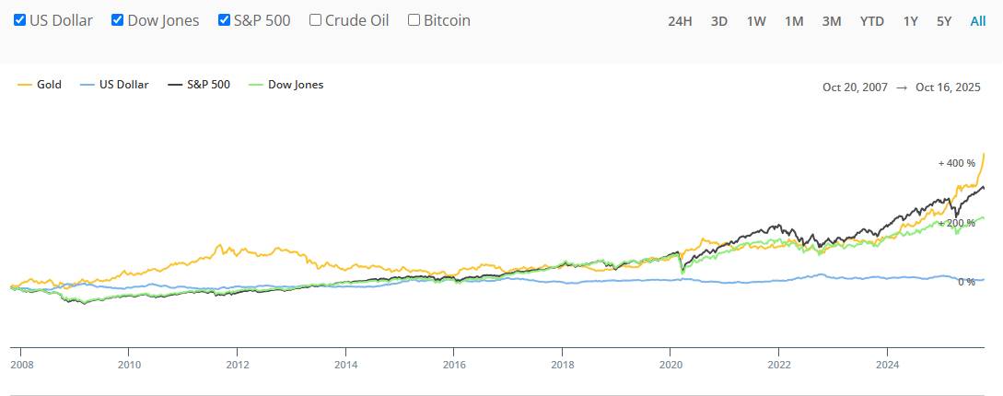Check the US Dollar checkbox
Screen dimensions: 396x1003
19,19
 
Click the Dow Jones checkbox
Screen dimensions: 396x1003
117,19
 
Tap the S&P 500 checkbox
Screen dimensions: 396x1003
224,19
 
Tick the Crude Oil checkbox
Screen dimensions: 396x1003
316,19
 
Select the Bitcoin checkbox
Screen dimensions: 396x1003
414,19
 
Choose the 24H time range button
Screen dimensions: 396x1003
680,21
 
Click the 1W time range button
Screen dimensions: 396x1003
756,21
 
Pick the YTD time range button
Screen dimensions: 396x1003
870,21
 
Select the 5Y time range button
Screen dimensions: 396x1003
944,21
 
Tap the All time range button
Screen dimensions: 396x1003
978,21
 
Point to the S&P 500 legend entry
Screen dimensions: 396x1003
198,85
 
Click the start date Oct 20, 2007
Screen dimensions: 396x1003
855,87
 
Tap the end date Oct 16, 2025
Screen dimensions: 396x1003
950,87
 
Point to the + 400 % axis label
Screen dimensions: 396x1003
956,163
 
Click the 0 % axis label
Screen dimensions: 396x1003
966,282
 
